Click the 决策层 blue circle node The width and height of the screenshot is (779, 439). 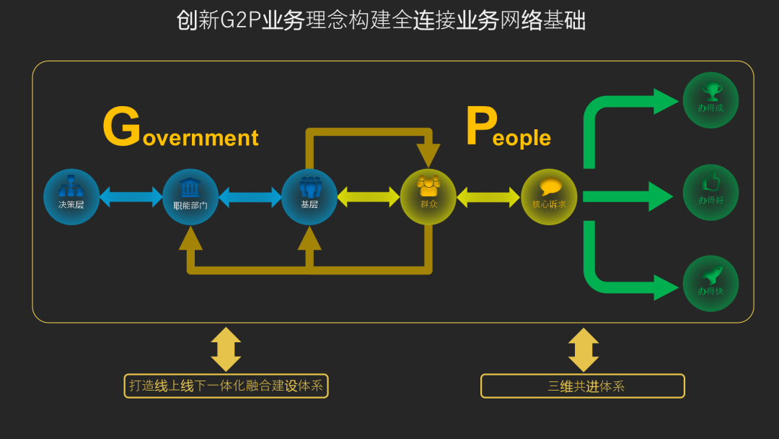(x=71, y=196)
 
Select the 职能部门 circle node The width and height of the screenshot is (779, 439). (x=190, y=196)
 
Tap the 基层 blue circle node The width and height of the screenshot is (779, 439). (x=309, y=196)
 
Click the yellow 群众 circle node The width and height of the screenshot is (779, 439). (x=428, y=196)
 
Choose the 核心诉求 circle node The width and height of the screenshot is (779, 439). (x=549, y=196)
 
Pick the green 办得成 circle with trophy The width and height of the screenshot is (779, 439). (x=710, y=100)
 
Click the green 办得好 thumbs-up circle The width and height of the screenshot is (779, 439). (x=710, y=192)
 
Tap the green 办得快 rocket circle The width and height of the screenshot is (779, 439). (x=710, y=283)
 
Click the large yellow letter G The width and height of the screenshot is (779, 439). (x=121, y=128)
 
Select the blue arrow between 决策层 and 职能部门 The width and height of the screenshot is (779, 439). (x=131, y=196)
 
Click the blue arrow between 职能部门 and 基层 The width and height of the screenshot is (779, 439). (x=250, y=196)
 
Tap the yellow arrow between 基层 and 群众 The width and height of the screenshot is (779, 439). (x=369, y=196)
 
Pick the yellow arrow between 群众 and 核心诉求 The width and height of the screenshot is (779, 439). (x=488, y=196)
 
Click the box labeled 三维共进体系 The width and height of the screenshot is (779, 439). (x=582, y=386)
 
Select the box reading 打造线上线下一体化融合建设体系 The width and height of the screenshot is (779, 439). (x=226, y=386)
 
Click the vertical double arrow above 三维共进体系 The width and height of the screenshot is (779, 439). (x=583, y=350)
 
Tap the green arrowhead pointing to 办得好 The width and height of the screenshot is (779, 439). (x=659, y=196)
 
